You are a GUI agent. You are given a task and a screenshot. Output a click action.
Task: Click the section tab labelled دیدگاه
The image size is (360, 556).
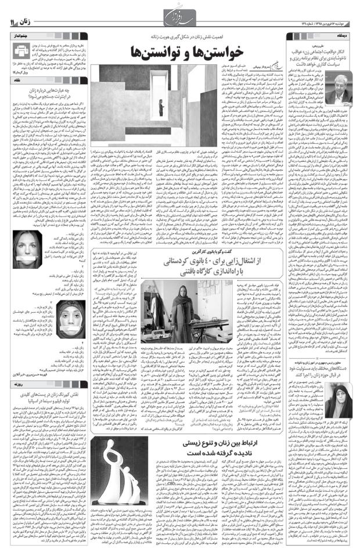click(x=344, y=35)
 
